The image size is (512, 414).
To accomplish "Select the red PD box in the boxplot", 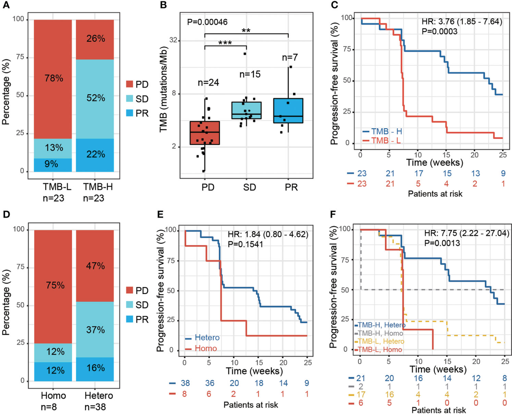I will click(205, 133).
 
